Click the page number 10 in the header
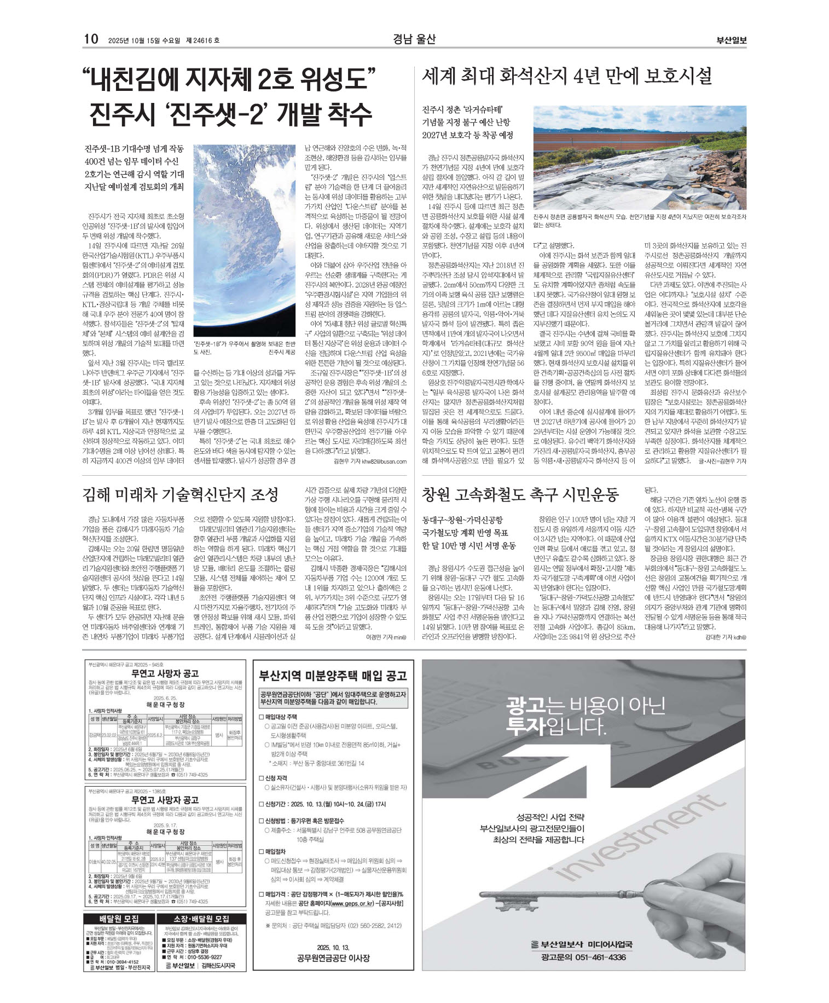91,39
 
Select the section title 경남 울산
414,39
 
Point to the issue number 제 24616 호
202,40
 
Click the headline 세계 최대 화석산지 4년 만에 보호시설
566,76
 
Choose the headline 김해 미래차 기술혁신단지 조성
181,494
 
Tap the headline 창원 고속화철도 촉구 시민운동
520,494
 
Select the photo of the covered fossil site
639,157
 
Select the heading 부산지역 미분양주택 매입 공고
333,675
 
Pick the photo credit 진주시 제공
282,352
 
